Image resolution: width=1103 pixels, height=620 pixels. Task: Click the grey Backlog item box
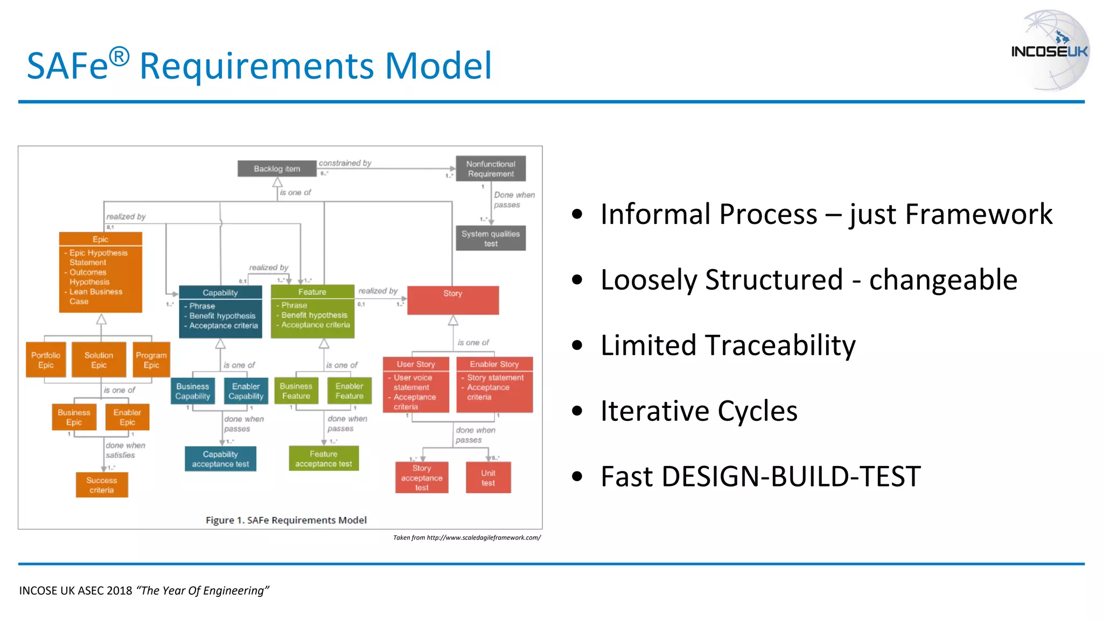(277, 168)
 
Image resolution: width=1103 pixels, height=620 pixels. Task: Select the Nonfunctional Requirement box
(491, 168)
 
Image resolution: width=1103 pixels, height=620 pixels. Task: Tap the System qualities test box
(491, 238)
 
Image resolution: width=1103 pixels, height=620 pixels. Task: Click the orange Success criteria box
(102, 485)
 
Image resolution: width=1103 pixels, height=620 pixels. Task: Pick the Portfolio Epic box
(46, 360)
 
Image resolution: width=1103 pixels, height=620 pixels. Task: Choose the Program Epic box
(151, 360)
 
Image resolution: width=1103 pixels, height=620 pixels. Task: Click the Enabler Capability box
(246, 391)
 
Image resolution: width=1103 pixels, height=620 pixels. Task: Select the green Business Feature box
(296, 391)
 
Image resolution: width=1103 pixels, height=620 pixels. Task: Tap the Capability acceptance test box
(220, 459)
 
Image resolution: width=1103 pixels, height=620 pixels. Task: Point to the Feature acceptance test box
(324, 459)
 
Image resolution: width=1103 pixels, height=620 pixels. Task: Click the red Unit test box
(488, 477)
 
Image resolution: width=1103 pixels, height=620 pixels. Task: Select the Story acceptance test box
(422, 477)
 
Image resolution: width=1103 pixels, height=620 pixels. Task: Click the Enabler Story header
(494, 364)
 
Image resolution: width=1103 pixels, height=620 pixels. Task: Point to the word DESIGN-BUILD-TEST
(791, 477)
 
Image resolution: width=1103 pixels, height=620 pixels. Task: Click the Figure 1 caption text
(286, 520)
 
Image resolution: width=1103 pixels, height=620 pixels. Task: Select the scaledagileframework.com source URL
(484, 537)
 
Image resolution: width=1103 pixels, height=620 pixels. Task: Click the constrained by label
(345, 163)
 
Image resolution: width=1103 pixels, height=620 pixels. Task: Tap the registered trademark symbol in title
(119, 57)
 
